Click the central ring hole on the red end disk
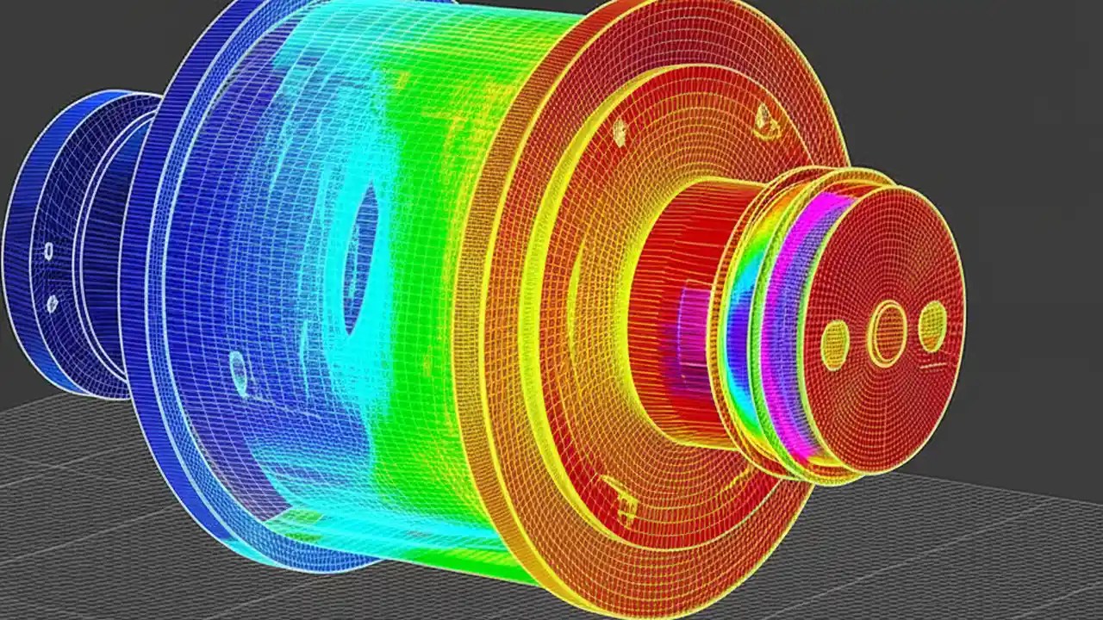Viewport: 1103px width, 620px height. pyautogui.click(x=887, y=332)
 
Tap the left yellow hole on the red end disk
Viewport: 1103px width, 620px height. pyautogui.click(x=834, y=344)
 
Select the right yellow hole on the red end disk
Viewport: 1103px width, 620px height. pyautogui.click(x=932, y=326)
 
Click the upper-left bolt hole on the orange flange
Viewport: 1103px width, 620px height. pyautogui.click(x=619, y=132)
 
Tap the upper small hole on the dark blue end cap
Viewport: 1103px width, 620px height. pyautogui.click(x=48, y=251)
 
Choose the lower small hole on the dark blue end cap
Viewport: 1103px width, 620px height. pyautogui.click(x=52, y=303)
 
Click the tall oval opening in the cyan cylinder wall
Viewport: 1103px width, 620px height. pyautogui.click(x=362, y=258)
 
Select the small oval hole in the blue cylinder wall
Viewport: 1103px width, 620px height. pyautogui.click(x=239, y=369)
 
